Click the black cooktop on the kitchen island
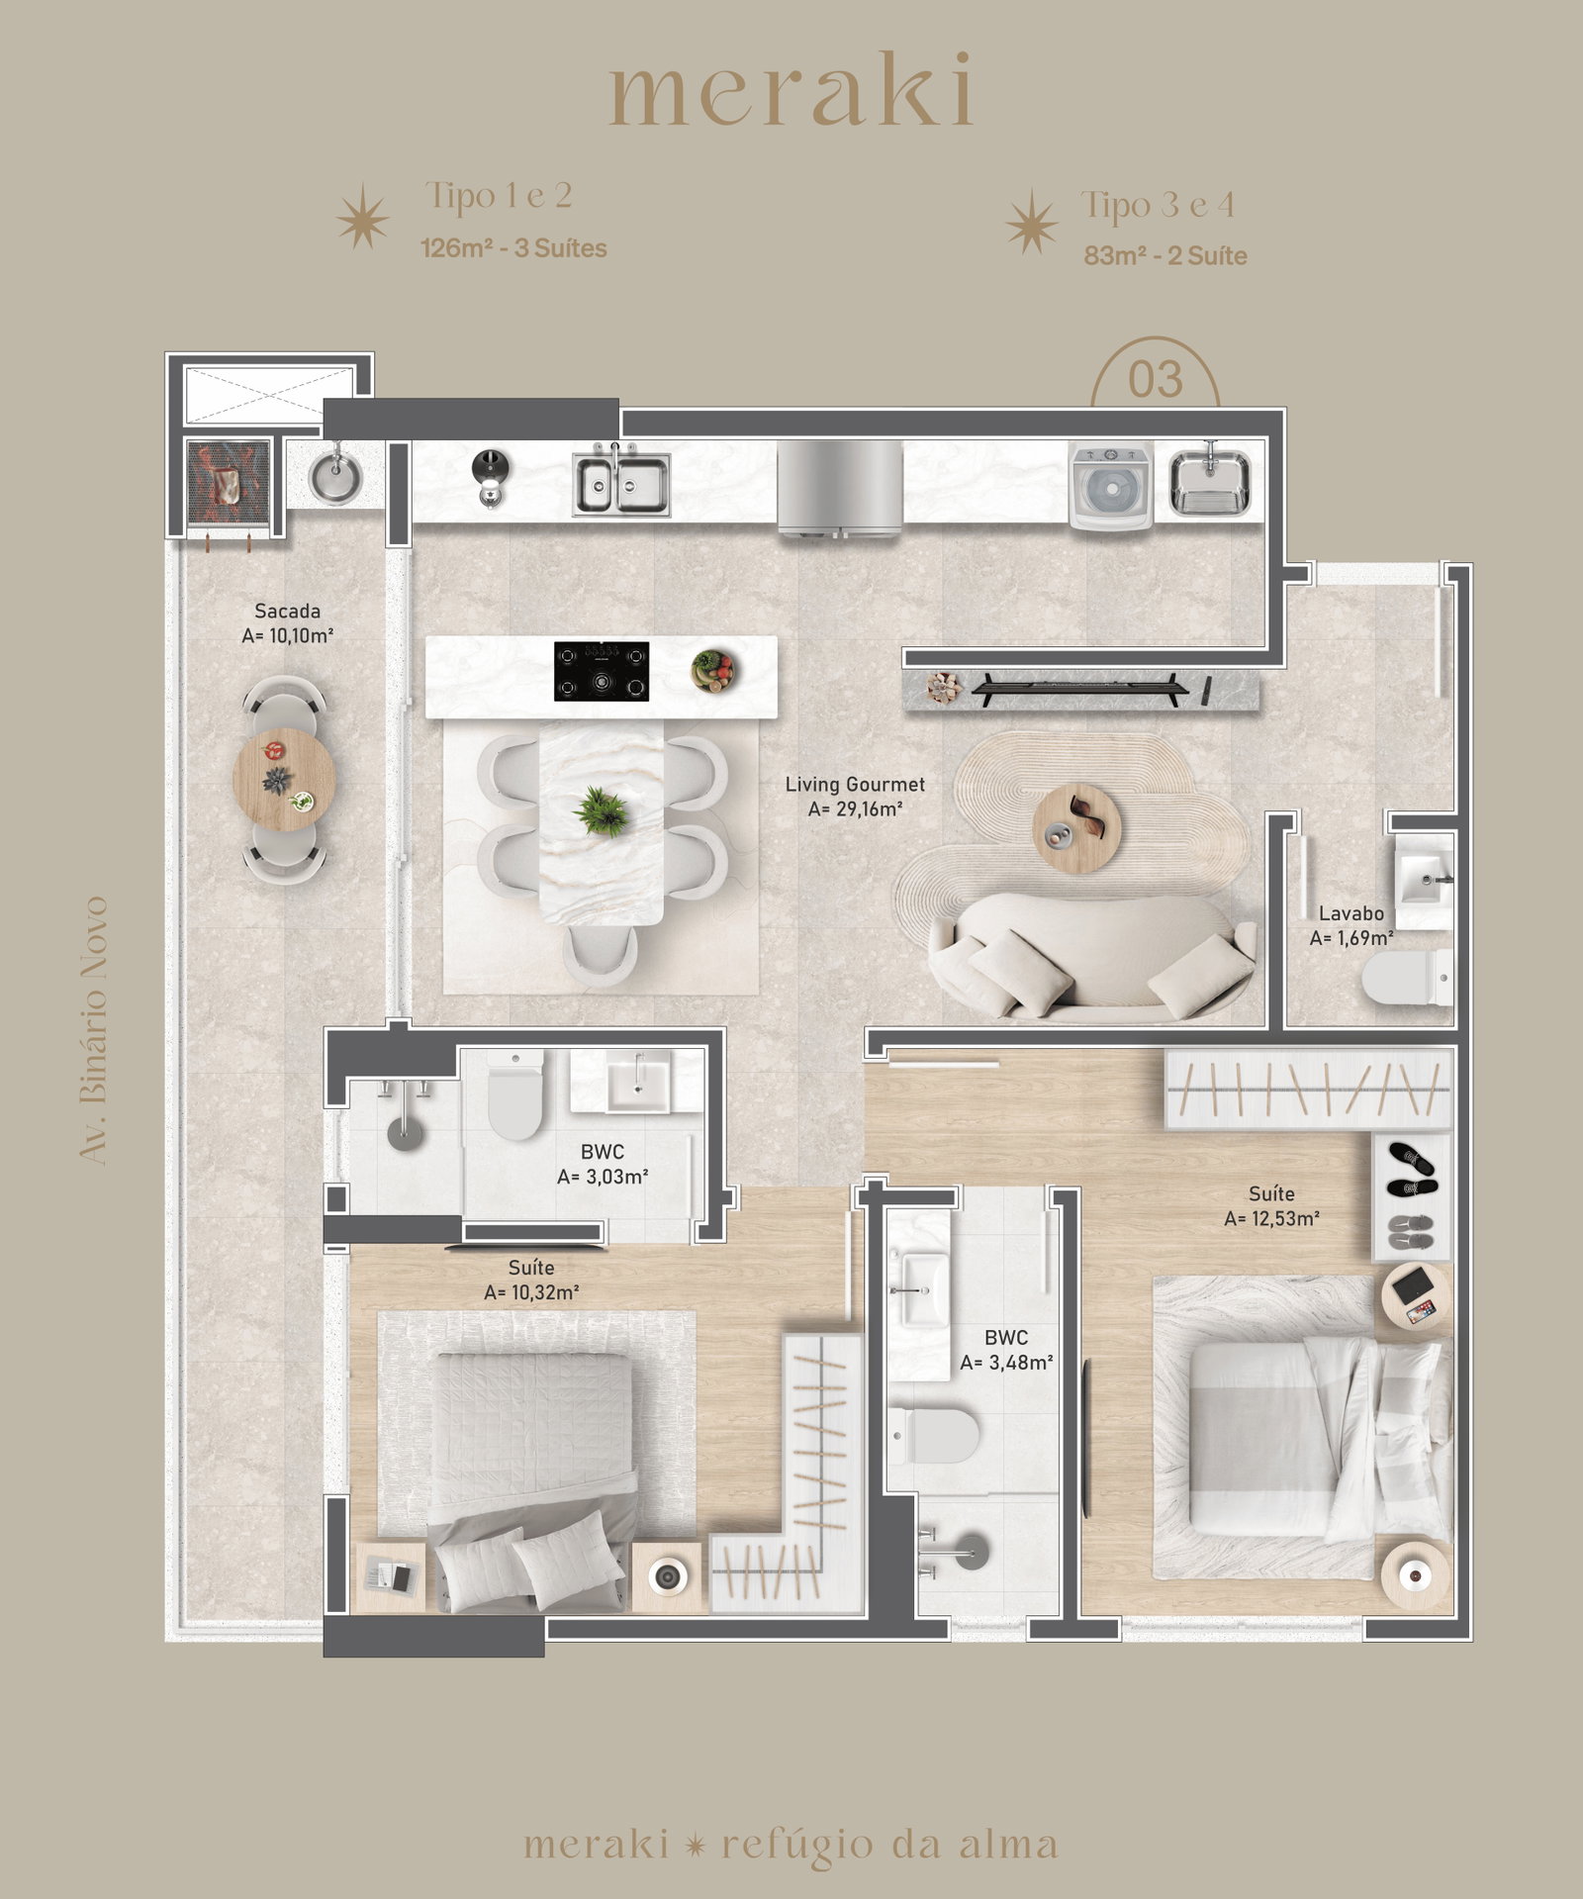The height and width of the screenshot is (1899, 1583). (x=602, y=671)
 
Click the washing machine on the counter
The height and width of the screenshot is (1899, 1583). (x=1111, y=487)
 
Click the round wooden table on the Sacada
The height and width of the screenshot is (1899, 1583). (x=284, y=778)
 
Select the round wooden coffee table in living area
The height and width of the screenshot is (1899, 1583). (x=1076, y=827)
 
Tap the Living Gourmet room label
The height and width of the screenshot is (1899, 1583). (x=855, y=784)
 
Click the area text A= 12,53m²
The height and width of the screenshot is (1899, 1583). (x=1271, y=1219)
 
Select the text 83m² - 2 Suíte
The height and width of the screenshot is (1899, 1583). (x=1165, y=255)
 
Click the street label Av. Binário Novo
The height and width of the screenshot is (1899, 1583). (x=93, y=1030)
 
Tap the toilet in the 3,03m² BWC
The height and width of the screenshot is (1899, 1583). (x=514, y=1094)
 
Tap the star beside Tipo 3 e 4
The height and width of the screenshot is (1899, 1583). (x=1032, y=221)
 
